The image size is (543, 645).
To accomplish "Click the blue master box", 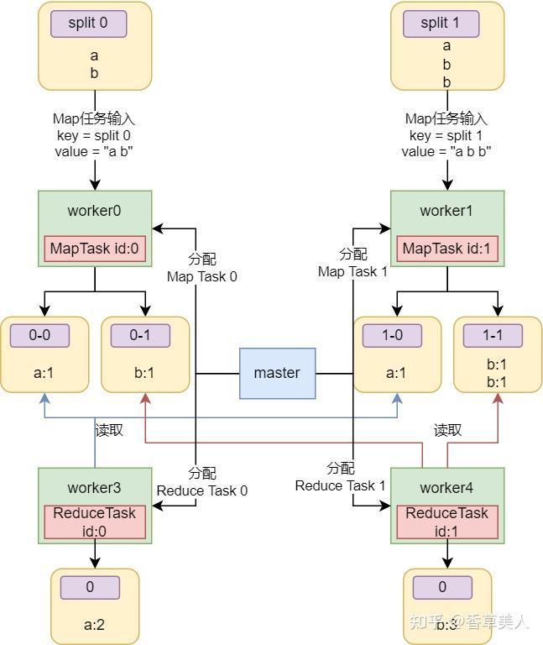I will pyautogui.click(x=276, y=372).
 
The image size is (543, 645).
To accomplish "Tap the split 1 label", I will pyautogui.click(x=446, y=24).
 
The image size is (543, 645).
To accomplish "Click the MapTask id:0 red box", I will pyautogui.click(x=94, y=249).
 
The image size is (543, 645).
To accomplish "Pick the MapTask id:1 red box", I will pyautogui.click(x=446, y=249).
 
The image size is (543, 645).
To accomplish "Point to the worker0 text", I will pyautogui.click(x=94, y=211).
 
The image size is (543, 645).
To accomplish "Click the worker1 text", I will pyautogui.click(x=446, y=211).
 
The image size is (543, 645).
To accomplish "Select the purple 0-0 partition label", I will pyautogui.click(x=39, y=336).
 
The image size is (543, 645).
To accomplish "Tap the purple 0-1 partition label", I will pyautogui.click(x=140, y=336).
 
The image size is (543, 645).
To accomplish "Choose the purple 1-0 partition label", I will pyautogui.click(x=392, y=336).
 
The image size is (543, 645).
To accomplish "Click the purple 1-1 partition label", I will pyautogui.click(x=493, y=336).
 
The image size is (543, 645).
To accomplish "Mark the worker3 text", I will pyautogui.click(x=94, y=488).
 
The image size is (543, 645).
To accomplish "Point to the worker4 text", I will pyautogui.click(x=446, y=488).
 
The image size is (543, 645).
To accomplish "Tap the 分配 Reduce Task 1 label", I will pyautogui.click(x=340, y=477).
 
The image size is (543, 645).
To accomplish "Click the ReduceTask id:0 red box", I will pyautogui.click(x=94, y=522).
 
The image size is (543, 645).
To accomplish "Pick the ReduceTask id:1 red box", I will pyautogui.click(x=446, y=522).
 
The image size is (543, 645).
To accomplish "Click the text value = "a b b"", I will pyautogui.click(x=446, y=152).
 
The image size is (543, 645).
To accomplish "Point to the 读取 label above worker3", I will pyautogui.click(x=109, y=430).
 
